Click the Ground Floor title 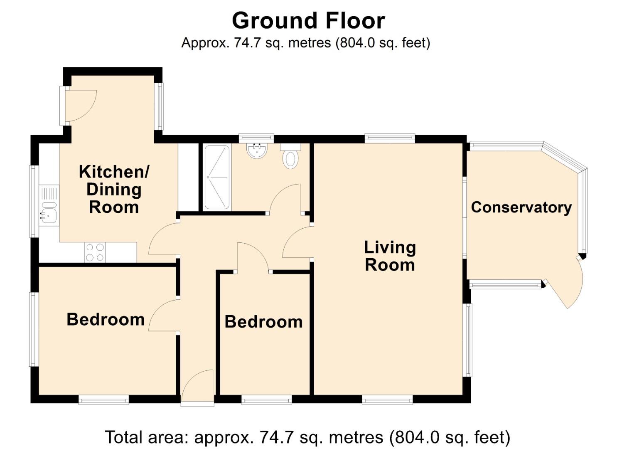coord(308,21)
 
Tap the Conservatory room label coord(521,207)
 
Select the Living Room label coord(390,256)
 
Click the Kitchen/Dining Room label coord(114,189)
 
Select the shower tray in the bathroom coord(217,177)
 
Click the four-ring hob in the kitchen coord(95,252)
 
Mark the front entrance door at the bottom coord(198,387)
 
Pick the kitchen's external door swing coord(80,106)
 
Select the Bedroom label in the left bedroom coord(106,319)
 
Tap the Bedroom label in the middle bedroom coord(263,322)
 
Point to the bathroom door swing coord(286,199)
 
